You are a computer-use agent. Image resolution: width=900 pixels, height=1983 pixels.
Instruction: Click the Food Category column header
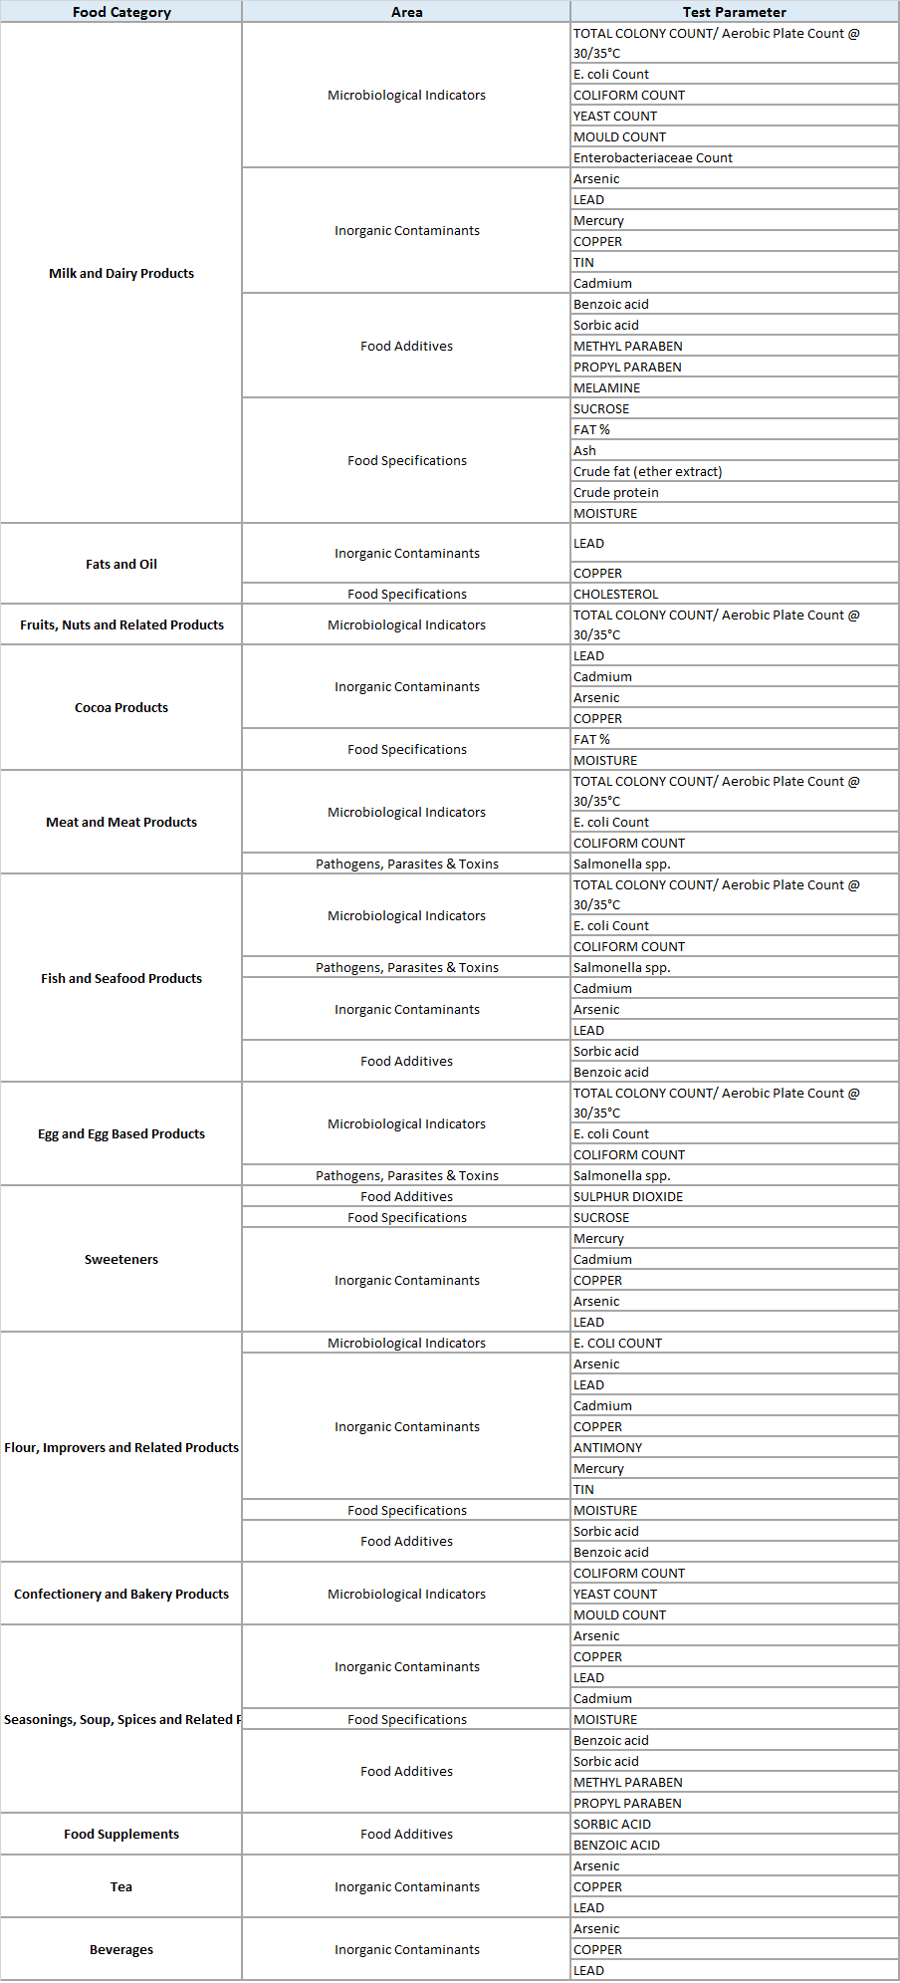tap(121, 12)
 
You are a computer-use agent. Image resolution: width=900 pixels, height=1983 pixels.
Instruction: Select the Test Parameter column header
tap(734, 12)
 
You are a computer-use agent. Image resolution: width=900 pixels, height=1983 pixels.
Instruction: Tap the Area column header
tap(406, 12)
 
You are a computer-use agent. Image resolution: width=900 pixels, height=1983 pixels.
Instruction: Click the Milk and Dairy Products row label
tap(121, 273)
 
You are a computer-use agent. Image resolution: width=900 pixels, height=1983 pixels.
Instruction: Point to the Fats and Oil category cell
tap(121, 564)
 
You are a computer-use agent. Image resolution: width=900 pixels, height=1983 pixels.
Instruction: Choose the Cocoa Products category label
tap(121, 707)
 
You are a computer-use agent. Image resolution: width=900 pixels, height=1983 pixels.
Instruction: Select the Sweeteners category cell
tap(121, 1259)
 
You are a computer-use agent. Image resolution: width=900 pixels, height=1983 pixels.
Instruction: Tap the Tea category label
tap(121, 1886)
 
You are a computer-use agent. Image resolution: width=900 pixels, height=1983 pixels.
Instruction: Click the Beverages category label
tap(121, 1949)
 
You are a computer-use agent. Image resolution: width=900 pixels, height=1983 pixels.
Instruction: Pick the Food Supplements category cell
tap(121, 1834)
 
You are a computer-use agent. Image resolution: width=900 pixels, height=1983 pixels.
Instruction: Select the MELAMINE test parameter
tap(607, 387)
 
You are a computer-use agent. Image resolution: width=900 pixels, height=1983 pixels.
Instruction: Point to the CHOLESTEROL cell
tap(616, 594)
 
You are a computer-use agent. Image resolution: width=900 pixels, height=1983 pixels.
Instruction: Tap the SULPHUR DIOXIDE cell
tap(628, 1196)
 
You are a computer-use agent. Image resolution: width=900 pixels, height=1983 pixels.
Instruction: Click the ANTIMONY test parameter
tap(608, 1447)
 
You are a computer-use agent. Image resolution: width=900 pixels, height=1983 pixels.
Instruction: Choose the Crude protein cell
tap(616, 492)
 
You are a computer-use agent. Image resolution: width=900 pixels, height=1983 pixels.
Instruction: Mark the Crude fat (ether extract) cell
tap(648, 471)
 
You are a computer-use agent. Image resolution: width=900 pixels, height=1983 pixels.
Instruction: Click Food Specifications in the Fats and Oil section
tap(406, 594)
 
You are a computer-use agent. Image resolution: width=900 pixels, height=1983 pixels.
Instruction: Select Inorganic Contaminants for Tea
tap(406, 1886)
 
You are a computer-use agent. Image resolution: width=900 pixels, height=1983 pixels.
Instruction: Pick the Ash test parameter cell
tap(585, 450)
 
